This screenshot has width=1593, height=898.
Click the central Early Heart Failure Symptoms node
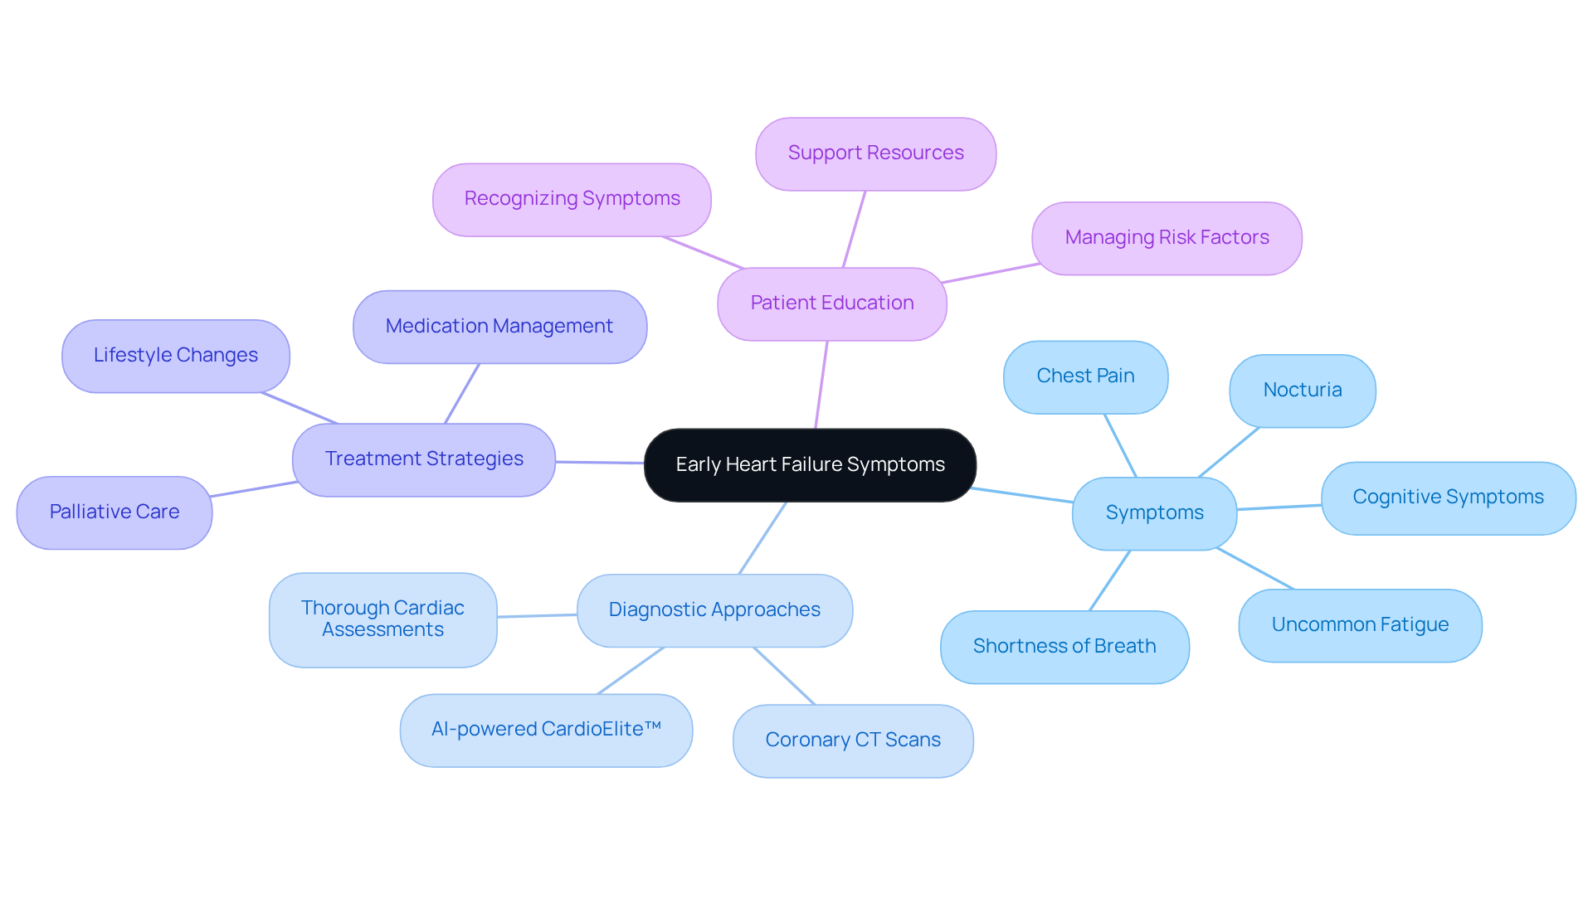pyautogui.click(x=810, y=465)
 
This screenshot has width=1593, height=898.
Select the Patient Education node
pyautogui.click(x=831, y=303)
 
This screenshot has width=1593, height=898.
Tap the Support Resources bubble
pyautogui.click(x=875, y=153)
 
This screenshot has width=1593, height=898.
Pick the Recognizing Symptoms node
pyautogui.click(x=572, y=199)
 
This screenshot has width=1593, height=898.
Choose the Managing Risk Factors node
pyautogui.click(x=1167, y=238)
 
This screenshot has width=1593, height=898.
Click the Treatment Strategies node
pyautogui.click(x=423, y=459)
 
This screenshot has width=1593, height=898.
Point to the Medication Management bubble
pyautogui.click(x=499, y=327)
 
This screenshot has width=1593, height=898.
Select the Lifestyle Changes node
pyautogui.click(x=175, y=356)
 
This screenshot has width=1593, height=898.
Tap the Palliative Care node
pyautogui.click(x=114, y=512)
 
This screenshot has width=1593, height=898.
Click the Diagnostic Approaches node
pyautogui.click(x=714, y=610)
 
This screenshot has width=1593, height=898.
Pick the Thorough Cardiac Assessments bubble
pyautogui.click(x=382, y=619)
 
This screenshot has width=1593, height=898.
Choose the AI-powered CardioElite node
pyautogui.click(x=546, y=730)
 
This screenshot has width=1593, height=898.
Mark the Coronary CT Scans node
pyautogui.click(x=853, y=740)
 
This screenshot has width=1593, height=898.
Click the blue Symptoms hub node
pyautogui.click(x=1154, y=513)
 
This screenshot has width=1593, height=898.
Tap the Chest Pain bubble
pyautogui.click(x=1085, y=376)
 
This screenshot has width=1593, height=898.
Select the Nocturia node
pyautogui.click(x=1302, y=391)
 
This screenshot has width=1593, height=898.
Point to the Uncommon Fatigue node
pyautogui.click(x=1360, y=625)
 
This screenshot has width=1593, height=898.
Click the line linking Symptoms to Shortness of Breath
pyautogui.click(x=1109, y=580)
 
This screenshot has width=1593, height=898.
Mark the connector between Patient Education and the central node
pyautogui.click(x=821, y=385)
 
